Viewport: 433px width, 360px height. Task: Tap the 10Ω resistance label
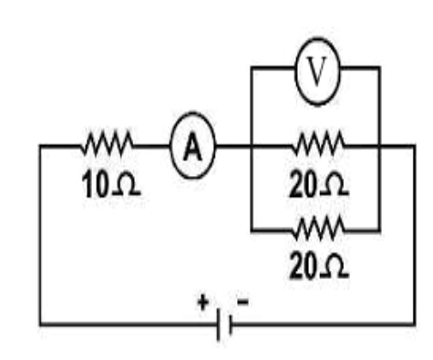pyautogui.click(x=111, y=184)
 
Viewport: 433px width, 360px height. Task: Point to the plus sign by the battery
pyautogui.click(x=203, y=303)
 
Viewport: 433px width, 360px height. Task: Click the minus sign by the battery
pyautogui.click(x=243, y=302)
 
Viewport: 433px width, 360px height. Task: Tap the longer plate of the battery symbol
pyautogui.click(x=219, y=324)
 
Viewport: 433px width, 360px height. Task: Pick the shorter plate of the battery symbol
pyautogui.click(x=231, y=324)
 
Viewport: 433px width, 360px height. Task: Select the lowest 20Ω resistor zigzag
pyautogui.click(x=318, y=229)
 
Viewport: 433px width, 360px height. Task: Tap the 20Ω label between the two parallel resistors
pyautogui.click(x=319, y=184)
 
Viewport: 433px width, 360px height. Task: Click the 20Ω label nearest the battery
pyautogui.click(x=319, y=266)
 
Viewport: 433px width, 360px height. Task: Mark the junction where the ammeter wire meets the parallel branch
pyautogui.click(x=252, y=147)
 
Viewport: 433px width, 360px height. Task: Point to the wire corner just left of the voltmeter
pyautogui.click(x=252, y=67)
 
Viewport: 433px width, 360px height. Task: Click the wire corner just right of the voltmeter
pyautogui.click(x=379, y=67)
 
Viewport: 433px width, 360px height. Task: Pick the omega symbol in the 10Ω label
pyautogui.click(x=127, y=185)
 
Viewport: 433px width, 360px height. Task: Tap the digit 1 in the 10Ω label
pyautogui.click(x=88, y=184)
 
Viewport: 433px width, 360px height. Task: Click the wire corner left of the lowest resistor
pyautogui.click(x=252, y=231)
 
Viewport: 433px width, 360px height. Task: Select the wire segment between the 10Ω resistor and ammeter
pyautogui.click(x=152, y=146)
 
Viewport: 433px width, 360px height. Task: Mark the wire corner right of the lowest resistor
pyautogui.click(x=379, y=231)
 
